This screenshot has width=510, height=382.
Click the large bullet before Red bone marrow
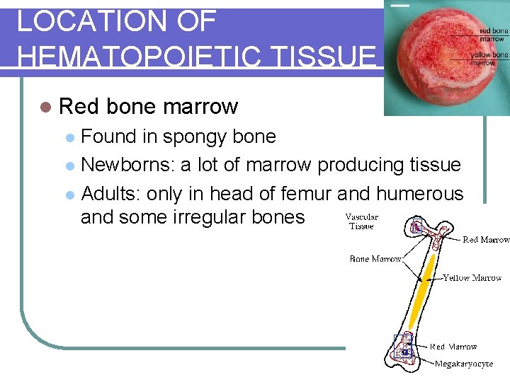46,107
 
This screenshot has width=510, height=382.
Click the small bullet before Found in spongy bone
69,137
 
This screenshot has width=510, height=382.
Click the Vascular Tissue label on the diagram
361,221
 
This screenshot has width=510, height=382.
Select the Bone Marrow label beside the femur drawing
375,259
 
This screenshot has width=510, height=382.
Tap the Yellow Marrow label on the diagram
472,278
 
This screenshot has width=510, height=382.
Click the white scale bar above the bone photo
400,6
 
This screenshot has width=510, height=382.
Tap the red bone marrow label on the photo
493,35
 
